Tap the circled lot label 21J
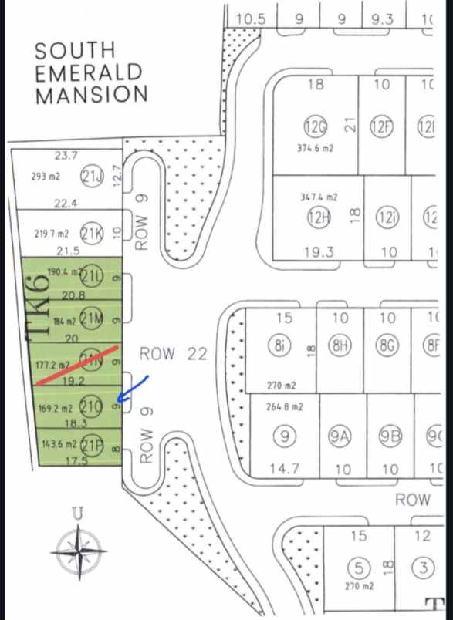92,176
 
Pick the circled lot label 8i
279,347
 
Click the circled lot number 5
357,569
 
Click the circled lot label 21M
92,318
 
